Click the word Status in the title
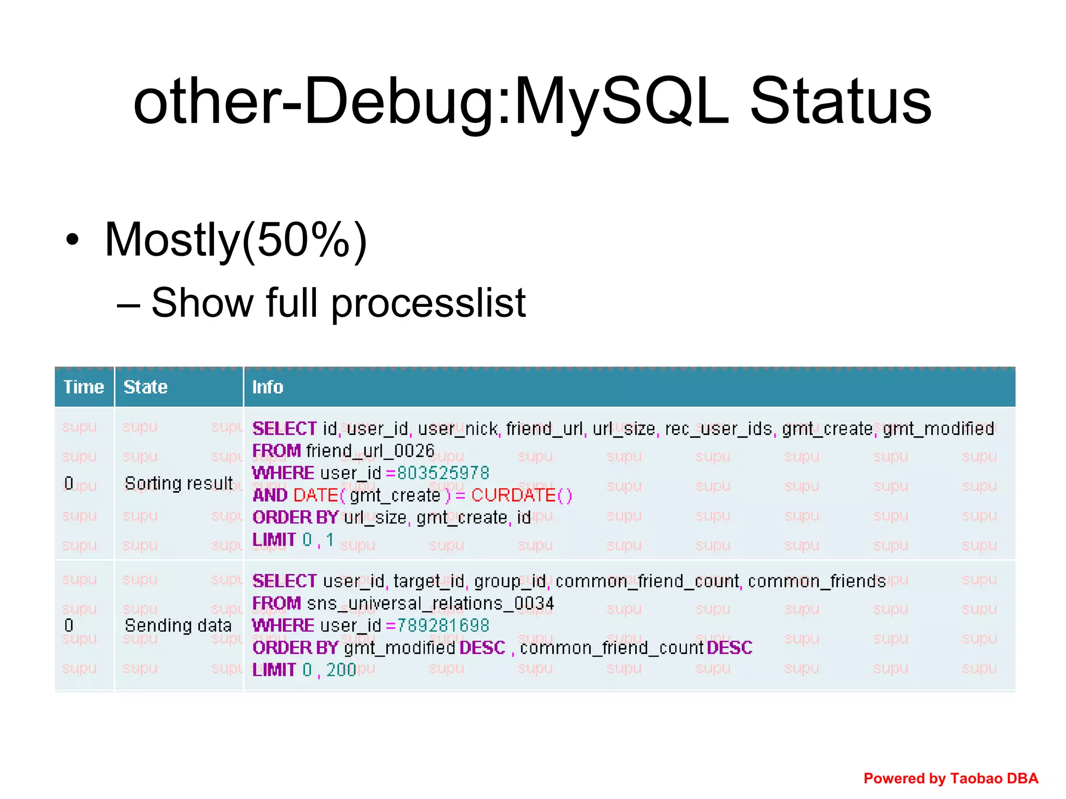point(840,101)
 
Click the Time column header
point(83,387)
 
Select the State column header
point(145,387)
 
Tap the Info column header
point(268,387)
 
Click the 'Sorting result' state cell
point(179,483)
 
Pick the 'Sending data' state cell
point(177,625)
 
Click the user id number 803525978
point(443,473)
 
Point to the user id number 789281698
point(443,625)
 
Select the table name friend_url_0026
point(370,450)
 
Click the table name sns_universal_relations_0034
point(430,603)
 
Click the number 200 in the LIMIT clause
point(341,670)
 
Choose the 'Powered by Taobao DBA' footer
point(950,778)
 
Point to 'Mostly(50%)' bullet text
point(236,240)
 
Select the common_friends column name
point(816,581)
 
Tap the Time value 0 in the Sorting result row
point(69,483)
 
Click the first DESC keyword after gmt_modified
point(482,648)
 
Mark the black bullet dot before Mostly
point(72,240)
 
